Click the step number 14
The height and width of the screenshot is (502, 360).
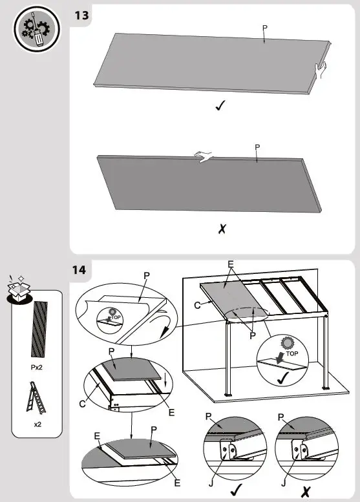82,269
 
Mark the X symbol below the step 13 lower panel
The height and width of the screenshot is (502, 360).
221,228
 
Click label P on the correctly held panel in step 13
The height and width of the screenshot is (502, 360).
264,28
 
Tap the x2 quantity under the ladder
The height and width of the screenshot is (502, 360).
37,424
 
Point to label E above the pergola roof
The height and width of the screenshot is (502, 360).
231,264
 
